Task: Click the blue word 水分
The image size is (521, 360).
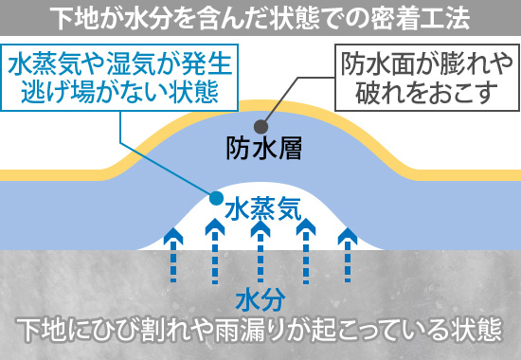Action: click(260, 300)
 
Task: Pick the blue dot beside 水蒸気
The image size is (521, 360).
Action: click(216, 200)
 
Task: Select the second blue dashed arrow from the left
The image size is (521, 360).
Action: click(216, 252)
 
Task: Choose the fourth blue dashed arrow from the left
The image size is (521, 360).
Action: click(305, 252)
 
